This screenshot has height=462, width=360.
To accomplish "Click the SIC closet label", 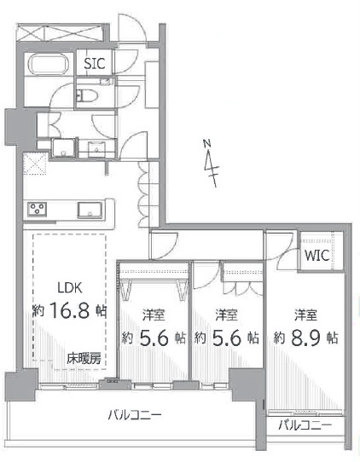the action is [x=95, y=63].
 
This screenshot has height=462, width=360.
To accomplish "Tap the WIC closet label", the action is [x=317, y=255].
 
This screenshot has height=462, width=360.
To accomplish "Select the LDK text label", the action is [x=70, y=288].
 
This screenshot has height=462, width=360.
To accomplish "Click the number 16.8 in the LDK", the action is [x=70, y=310].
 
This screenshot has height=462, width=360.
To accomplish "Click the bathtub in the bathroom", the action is [x=49, y=65].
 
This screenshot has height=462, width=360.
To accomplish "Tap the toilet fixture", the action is [x=86, y=95].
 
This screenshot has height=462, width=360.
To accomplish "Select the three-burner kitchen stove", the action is [x=38, y=209].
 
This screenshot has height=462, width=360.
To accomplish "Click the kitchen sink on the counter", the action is [x=90, y=210].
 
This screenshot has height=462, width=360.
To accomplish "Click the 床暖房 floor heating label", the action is [x=84, y=358].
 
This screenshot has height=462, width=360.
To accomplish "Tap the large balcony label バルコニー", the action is [x=135, y=415].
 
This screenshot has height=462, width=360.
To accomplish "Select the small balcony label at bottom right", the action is [x=305, y=425].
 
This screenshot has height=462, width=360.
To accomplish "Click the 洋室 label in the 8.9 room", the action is [x=305, y=315].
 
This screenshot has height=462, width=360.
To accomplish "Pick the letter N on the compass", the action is [x=207, y=143].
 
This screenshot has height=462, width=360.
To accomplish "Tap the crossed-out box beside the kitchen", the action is [x=35, y=163].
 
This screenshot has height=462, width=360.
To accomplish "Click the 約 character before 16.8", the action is [x=38, y=310].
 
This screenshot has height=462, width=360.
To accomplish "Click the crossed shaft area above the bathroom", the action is [x=61, y=32].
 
